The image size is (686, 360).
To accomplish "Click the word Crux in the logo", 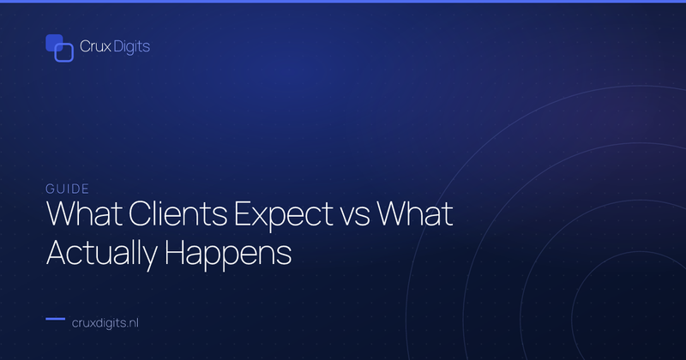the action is point(95,46).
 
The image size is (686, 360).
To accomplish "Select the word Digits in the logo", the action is point(131,47).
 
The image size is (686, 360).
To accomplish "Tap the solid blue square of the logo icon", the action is point(54,43).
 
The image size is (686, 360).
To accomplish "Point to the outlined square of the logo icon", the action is point(63,52).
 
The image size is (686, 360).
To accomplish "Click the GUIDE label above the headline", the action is point(68,189).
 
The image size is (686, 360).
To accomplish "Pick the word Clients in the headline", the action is point(178,214).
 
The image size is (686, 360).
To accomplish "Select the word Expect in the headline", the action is point(284,216).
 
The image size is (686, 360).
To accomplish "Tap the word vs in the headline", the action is point(354,218).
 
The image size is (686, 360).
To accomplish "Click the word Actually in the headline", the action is point(102,255).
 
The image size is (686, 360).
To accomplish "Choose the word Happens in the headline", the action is point(228,255).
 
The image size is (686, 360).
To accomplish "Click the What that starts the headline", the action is point(84,214).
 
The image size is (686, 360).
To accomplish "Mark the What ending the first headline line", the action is point(415,214).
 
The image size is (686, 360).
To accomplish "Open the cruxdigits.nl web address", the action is point(105,323).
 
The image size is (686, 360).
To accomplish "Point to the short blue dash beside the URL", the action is point(56,319).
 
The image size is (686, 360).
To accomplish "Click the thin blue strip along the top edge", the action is point(343,2).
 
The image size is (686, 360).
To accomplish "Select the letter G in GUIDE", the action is point(50,189).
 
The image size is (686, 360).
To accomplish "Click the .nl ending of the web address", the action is point(132,323).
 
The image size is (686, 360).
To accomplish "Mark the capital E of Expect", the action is point(242,214).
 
